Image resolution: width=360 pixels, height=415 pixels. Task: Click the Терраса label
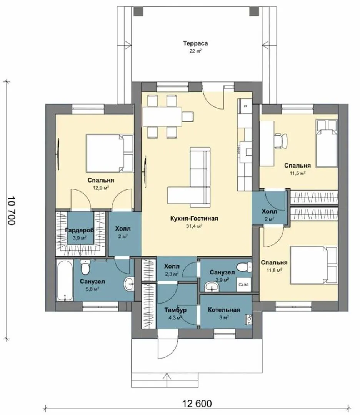pyautogui.click(x=195, y=43)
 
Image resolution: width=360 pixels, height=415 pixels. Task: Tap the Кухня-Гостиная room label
pyautogui.click(x=194, y=219)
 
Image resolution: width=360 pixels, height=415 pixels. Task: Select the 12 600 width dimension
pyautogui.click(x=197, y=403)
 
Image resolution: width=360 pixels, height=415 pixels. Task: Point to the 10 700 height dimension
pyautogui.click(x=11, y=211)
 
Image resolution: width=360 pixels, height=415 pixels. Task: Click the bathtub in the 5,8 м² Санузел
pyautogui.click(x=65, y=280)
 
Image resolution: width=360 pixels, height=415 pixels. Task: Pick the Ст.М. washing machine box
pyautogui.click(x=244, y=284)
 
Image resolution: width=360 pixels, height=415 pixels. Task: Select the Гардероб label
pyautogui.click(x=80, y=230)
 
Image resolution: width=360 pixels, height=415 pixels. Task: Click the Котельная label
pyautogui.click(x=224, y=310)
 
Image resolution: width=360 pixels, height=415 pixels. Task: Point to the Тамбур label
pyautogui.click(x=175, y=310)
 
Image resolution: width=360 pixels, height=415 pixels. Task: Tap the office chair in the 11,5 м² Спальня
pyautogui.click(x=281, y=140)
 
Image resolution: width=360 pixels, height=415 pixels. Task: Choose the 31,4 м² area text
pyautogui.click(x=194, y=226)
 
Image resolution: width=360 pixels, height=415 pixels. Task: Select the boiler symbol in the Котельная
pyautogui.click(x=249, y=319)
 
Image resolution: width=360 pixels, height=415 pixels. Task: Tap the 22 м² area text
pyautogui.click(x=195, y=51)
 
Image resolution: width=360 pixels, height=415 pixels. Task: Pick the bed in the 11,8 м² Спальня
pyautogui.click(x=314, y=265)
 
